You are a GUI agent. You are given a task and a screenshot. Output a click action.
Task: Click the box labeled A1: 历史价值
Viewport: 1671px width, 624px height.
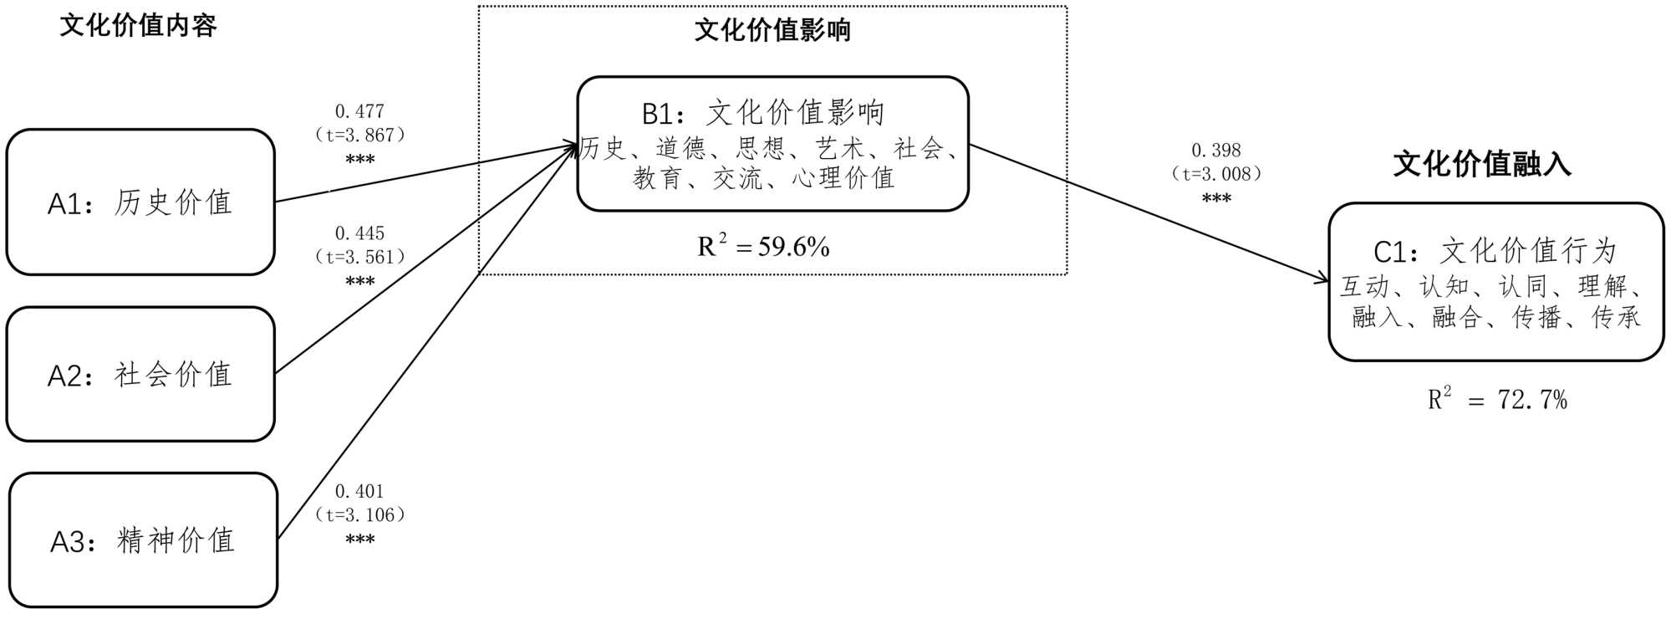[140, 202]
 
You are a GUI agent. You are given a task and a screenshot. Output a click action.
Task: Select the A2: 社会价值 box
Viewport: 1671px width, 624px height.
[140, 374]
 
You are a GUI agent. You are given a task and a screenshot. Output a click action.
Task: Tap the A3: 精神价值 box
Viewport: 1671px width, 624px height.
[143, 540]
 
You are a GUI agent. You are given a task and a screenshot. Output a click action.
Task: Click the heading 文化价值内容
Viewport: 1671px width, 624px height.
[138, 26]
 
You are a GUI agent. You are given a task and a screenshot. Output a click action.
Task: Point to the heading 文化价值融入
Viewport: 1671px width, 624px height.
[1481, 164]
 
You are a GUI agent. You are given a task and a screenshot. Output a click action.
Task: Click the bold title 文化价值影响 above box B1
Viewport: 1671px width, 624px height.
[772, 31]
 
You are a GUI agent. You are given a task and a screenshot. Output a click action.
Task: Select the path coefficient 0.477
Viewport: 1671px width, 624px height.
[359, 111]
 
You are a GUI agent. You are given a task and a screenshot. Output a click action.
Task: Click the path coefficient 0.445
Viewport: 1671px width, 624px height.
[359, 233]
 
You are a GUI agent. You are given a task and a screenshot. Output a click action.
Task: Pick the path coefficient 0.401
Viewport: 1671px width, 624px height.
[359, 491]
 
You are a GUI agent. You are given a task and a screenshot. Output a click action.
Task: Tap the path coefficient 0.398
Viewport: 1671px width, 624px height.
[1215, 151]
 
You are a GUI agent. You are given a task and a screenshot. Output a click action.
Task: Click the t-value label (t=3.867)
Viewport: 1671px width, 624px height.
[359, 135]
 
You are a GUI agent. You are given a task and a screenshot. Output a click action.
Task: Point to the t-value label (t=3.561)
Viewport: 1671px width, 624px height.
[359, 257]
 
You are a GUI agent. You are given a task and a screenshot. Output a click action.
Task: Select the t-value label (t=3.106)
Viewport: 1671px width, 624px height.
[359, 514]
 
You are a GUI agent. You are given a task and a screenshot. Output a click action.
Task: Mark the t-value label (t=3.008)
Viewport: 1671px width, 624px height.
[1215, 174]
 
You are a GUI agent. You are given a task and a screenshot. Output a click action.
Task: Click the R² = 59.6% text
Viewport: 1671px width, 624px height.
[763, 247]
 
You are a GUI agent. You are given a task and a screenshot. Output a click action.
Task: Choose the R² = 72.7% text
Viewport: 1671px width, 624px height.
[1496, 400]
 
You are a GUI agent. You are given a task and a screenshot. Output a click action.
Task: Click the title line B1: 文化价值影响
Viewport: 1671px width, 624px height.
[762, 113]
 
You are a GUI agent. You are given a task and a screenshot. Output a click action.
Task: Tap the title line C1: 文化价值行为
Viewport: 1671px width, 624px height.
[1495, 251]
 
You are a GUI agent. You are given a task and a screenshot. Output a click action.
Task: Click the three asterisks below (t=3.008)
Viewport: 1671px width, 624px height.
[1215, 199]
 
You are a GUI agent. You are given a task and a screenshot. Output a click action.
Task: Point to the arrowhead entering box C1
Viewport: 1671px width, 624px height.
[1323, 280]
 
